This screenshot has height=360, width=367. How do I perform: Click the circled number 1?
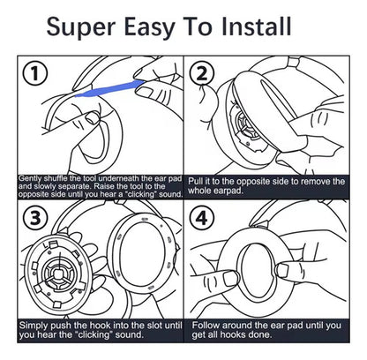coord(34,73)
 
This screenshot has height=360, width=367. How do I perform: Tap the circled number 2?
coord(201,73)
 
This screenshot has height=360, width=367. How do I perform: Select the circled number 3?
coord(35,218)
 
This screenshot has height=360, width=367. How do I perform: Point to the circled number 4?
coord(202,218)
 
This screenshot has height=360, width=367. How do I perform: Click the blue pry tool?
coord(109,88)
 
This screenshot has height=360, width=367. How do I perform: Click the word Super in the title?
coord(80,27)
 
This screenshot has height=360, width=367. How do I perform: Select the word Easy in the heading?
coord(149,27)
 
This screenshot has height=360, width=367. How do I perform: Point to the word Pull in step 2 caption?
coord(194,181)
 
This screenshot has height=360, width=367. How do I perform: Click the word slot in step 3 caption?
coord(157,326)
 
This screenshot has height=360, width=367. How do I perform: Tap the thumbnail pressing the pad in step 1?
coord(92,118)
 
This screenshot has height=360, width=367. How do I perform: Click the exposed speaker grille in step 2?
coord(246,125)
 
